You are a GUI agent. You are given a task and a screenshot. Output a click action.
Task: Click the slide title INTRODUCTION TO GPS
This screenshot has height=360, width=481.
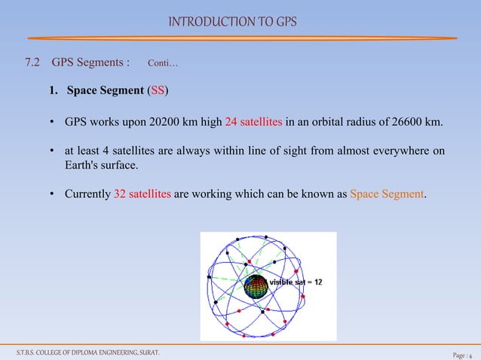pyautogui.click(x=232, y=21)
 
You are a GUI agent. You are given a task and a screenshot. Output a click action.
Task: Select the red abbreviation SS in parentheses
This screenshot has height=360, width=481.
pyautogui.click(x=158, y=92)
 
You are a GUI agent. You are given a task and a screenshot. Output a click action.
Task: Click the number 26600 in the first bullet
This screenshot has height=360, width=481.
pyautogui.click(x=404, y=122)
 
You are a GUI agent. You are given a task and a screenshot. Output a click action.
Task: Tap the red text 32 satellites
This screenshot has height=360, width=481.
pyautogui.click(x=142, y=194)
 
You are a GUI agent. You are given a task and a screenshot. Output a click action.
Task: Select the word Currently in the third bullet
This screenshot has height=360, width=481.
pyautogui.click(x=87, y=194)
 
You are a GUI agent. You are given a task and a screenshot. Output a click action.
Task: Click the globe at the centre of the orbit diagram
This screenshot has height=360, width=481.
pyautogui.click(x=256, y=288)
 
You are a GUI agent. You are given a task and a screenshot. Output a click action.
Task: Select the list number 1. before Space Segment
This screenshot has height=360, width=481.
pyautogui.click(x=54, y=92)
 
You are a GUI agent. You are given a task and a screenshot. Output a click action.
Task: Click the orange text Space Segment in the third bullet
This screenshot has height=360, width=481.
pyautogui.click(x=387, y=194)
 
